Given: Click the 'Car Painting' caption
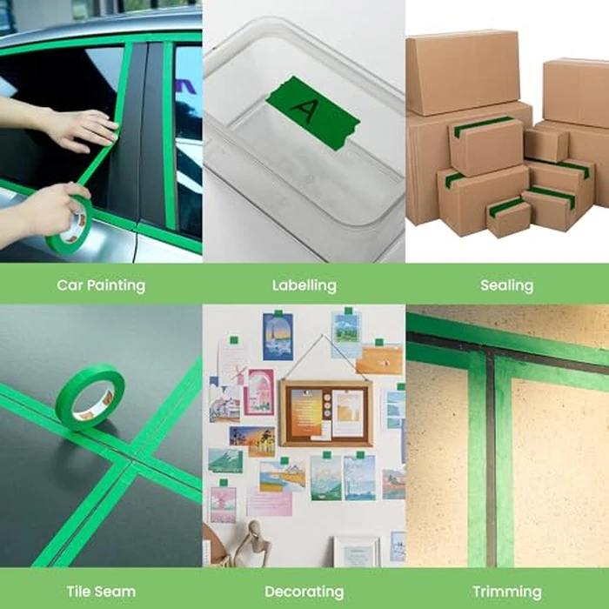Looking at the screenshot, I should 101,285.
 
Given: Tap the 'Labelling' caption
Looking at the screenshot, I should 304,285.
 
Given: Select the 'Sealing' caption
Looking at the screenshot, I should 506,285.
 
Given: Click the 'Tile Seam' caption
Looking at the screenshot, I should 101,592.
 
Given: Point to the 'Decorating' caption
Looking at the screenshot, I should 304,592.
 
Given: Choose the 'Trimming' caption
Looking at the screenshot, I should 506,592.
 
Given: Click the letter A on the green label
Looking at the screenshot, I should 305,110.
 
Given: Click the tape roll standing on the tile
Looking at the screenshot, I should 90,397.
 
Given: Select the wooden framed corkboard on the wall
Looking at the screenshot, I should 325,412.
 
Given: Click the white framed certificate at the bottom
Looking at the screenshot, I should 357,552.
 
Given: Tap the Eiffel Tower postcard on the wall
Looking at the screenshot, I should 278,336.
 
